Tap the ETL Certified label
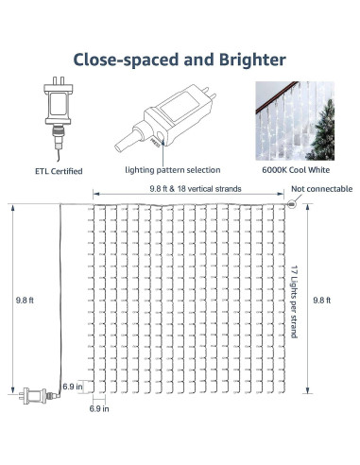click(x=58, y=171)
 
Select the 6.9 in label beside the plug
click(x=73, y=387)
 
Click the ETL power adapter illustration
click(x=56, y=119)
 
